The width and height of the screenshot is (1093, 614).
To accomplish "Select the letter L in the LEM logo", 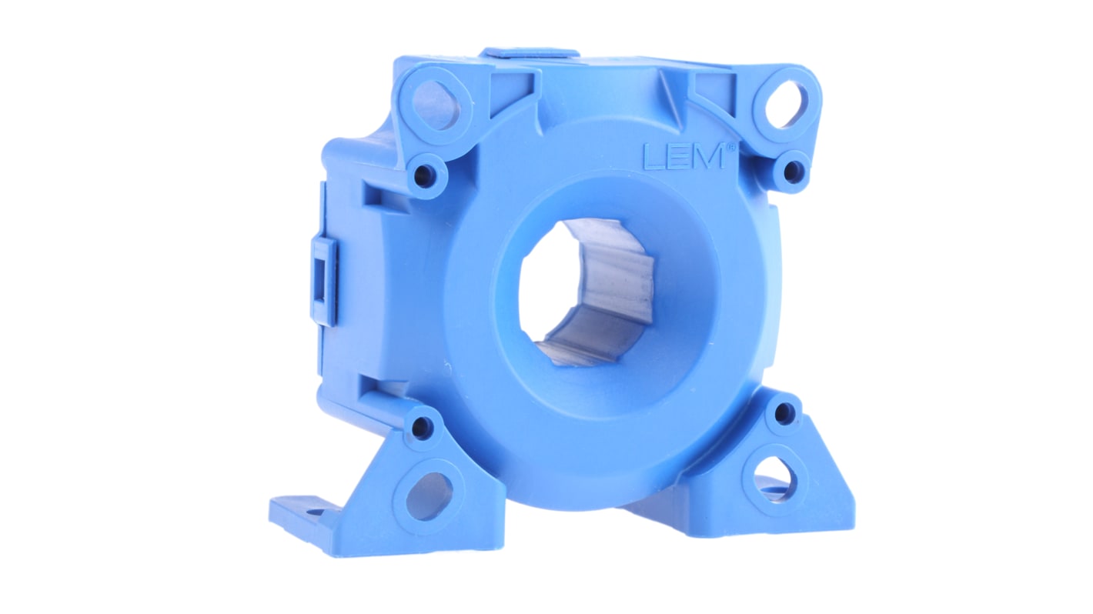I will coord(651,157).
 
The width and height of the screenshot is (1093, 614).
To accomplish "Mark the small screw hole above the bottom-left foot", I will coord(422,427).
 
